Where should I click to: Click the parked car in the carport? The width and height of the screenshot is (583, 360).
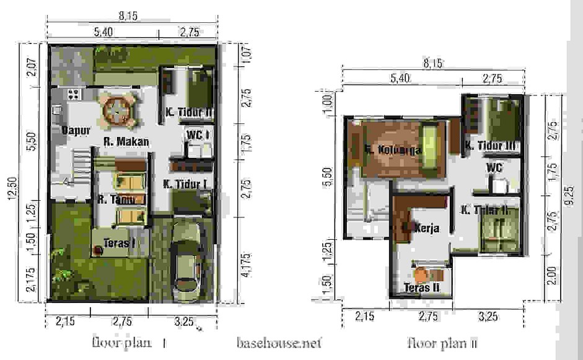[188, 258]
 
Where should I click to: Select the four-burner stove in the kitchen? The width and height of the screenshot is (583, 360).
[74, 95]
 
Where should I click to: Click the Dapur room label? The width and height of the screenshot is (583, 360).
[77, 130]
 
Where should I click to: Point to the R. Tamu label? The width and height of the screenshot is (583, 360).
[116, 200]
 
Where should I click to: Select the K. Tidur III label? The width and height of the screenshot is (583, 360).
[491, 146]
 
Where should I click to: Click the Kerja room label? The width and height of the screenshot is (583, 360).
[426, 228]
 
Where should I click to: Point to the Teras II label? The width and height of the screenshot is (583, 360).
[421, 288]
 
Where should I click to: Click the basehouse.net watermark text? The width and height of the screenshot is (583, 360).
[279, 341]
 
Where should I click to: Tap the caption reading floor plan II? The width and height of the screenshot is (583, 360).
[441, 342]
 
